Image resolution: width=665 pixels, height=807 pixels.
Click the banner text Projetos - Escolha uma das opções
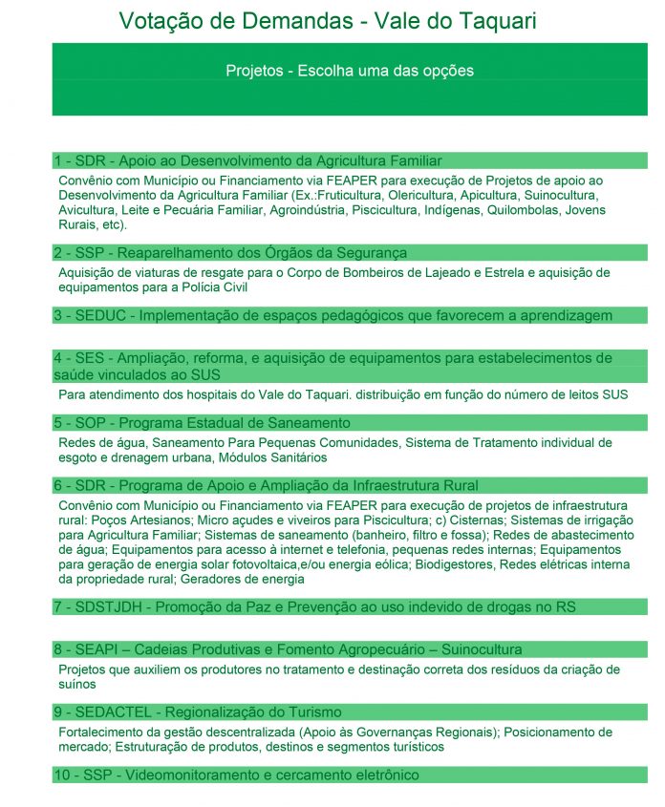coord(349,71)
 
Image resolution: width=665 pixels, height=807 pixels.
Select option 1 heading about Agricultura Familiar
coord(248,160)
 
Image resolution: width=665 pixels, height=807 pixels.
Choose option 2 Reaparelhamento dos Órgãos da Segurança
coord(230,253)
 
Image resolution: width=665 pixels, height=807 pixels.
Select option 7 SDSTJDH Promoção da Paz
coord(314,606)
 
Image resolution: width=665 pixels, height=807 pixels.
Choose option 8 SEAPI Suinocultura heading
coord(288,649)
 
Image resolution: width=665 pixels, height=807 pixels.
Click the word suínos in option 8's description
coord(77,684)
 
